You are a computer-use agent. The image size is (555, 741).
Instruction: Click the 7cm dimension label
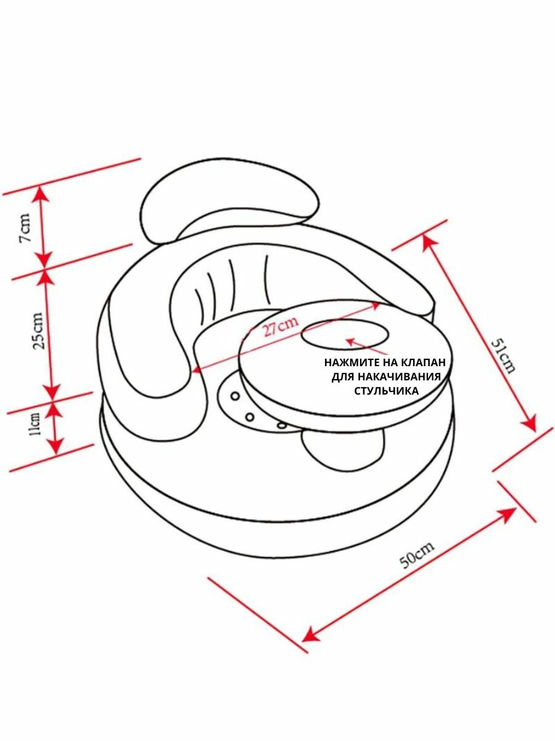click(x=25, y=228)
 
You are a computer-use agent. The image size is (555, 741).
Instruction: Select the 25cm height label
click(x=37, y=330)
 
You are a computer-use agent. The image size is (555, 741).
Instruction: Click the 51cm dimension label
click(x=503, y=356)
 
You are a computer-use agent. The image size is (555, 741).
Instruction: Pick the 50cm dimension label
click(x=417, y=555)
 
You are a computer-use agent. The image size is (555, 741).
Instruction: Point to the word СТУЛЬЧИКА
click(x=386, y=390)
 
